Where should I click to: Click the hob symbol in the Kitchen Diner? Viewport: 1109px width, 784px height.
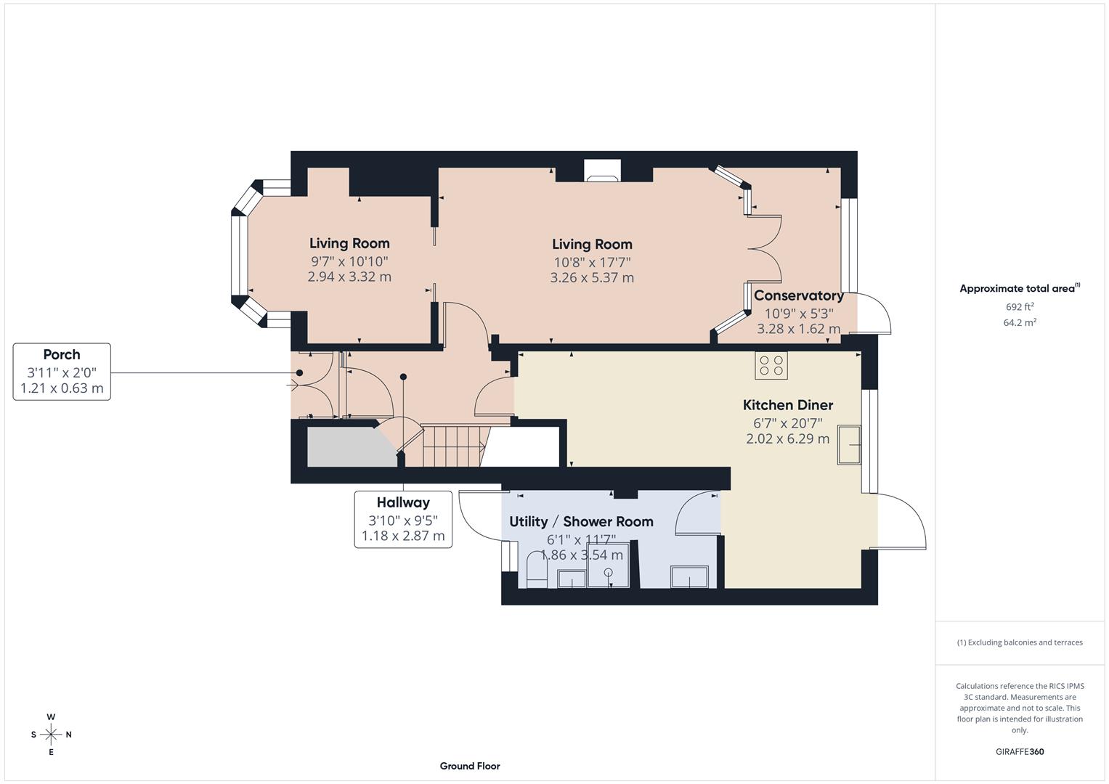click(771, 365)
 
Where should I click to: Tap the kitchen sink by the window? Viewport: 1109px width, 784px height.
click(849, 445)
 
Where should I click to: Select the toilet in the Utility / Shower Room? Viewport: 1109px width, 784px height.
click(536, 569)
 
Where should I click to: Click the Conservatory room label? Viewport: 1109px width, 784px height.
click(798, 295)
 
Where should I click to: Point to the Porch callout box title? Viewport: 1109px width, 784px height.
click(62, 354)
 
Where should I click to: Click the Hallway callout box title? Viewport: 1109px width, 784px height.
click(403, 502)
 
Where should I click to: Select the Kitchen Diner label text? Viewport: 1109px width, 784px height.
click(787, 405)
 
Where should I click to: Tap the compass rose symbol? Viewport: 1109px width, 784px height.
click(51, 735)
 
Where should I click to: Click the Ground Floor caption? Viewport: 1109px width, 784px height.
click(469, 766)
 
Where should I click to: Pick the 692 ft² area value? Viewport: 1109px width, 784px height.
click(1019, 307)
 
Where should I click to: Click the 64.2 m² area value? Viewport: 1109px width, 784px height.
click(1019, 323)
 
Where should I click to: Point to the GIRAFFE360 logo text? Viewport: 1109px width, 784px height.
click(1019, 752)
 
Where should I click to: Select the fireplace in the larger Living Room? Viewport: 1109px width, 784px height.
click(603, 171)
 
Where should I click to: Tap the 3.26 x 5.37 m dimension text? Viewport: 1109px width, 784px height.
click(592, 277)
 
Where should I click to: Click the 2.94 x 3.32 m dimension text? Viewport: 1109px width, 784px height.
click(349, 277)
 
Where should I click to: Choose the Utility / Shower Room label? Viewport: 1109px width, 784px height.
click(581, 521)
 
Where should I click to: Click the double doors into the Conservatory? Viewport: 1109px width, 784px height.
click(764, 249)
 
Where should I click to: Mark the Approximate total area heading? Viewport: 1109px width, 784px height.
click(1019, 288)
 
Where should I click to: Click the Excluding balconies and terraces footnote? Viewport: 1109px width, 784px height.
click(1019, 642)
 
